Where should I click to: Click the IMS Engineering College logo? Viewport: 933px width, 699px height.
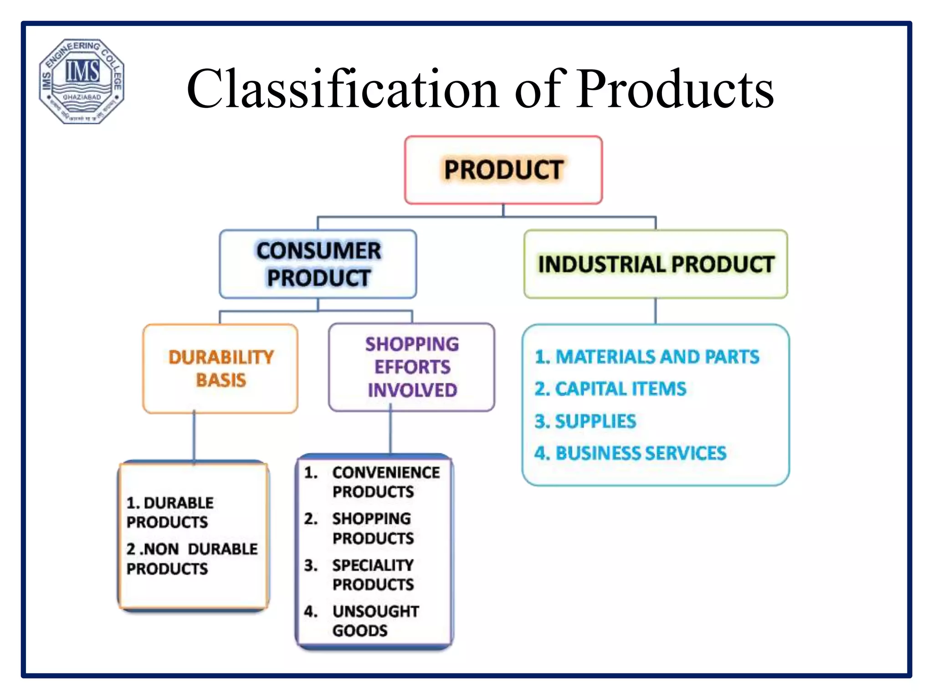click(x=82, y=81)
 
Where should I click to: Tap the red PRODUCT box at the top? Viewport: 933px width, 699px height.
click(x=503, y=170)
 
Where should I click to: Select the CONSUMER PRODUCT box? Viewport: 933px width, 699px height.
click(x=318, y=264)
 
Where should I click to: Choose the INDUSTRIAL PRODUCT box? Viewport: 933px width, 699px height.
click(x=656, y=264)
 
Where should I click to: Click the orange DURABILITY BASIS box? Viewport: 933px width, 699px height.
click(x=220, y=369)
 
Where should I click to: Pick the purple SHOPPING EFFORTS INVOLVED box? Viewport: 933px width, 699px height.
click(x=412, y=367)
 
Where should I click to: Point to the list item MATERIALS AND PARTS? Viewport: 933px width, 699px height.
click(x=647, y=357)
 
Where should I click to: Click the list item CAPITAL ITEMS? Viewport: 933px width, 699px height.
click(x=610, y=389)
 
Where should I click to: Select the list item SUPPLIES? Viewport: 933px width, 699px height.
click(x=585, y=421)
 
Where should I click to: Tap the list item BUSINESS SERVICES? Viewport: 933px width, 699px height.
click(x=631, y=453)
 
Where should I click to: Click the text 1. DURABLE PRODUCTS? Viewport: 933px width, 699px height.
click(x=170, y=512)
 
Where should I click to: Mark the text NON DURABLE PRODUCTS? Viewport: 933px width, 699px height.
click(x=192, y=559)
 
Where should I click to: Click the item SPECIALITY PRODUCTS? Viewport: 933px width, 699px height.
click(x=373, y=575)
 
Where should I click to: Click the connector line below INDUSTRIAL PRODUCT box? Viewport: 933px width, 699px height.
click(x=656, y=311)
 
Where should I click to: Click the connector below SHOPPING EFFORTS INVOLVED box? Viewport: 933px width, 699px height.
click(x=390, y=432)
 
